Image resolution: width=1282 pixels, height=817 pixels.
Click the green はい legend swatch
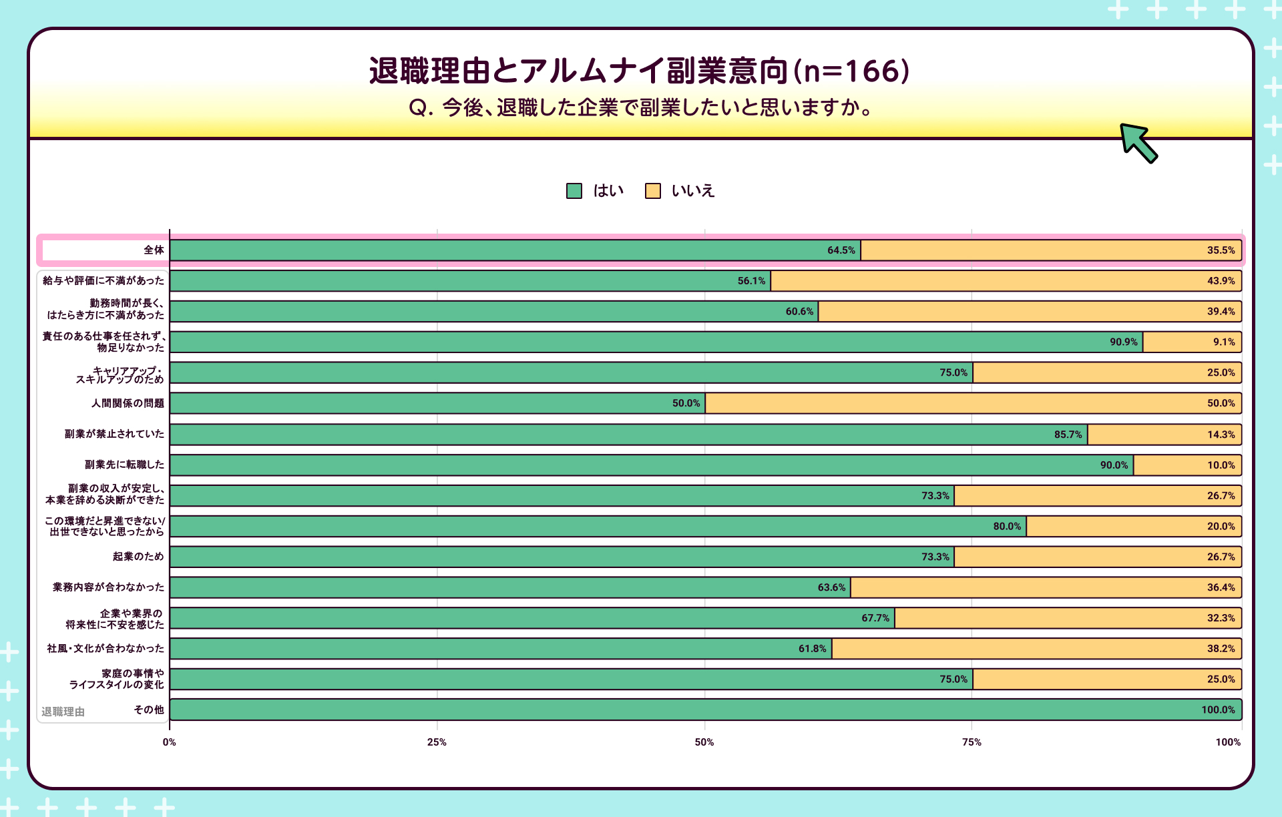point(574,191)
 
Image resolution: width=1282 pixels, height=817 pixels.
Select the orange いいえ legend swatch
point(652,191)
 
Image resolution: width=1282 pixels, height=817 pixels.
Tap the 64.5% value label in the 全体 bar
point(841,250)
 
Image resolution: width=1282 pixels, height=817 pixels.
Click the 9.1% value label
point(1224,342)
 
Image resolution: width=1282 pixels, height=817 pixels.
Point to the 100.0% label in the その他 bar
point(1218,710)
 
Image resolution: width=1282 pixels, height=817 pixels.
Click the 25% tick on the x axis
point(437,742)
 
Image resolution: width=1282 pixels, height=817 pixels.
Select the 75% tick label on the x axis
point(972,742)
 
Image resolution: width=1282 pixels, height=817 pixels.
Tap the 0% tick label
point(170,742)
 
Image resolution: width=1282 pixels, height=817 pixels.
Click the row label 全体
point(154,250)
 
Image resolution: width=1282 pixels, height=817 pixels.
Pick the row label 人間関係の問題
point(128,403)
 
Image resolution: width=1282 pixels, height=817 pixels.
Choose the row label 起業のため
point(138,556)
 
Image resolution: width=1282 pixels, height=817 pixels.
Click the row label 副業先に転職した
point(124,465)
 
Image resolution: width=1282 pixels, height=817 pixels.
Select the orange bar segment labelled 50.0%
point(973,403)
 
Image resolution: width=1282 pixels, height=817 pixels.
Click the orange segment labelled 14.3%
point(1164,435)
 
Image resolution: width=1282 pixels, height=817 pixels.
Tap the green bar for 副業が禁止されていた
point(628,435)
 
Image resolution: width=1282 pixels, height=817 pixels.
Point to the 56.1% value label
point(751,281)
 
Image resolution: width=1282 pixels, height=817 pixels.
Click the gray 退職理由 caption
point(63,712)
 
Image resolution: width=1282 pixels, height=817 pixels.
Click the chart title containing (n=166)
point(639,71)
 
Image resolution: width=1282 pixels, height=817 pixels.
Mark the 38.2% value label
point(1221,648)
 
